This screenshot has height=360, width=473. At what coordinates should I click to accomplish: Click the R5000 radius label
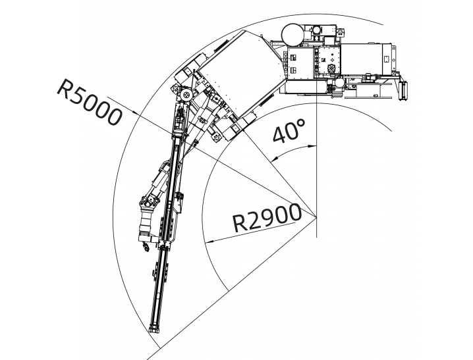90,102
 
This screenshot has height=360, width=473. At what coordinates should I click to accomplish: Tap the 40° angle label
289,131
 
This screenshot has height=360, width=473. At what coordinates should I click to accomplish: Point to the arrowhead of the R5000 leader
136,113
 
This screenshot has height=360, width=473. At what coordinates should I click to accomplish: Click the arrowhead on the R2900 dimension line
209,242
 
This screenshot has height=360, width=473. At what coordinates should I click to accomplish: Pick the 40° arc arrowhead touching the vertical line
312,146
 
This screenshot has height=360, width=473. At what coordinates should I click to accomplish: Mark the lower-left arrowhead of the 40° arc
273,159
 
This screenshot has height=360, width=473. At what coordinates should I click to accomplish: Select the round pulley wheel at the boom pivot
185,96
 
